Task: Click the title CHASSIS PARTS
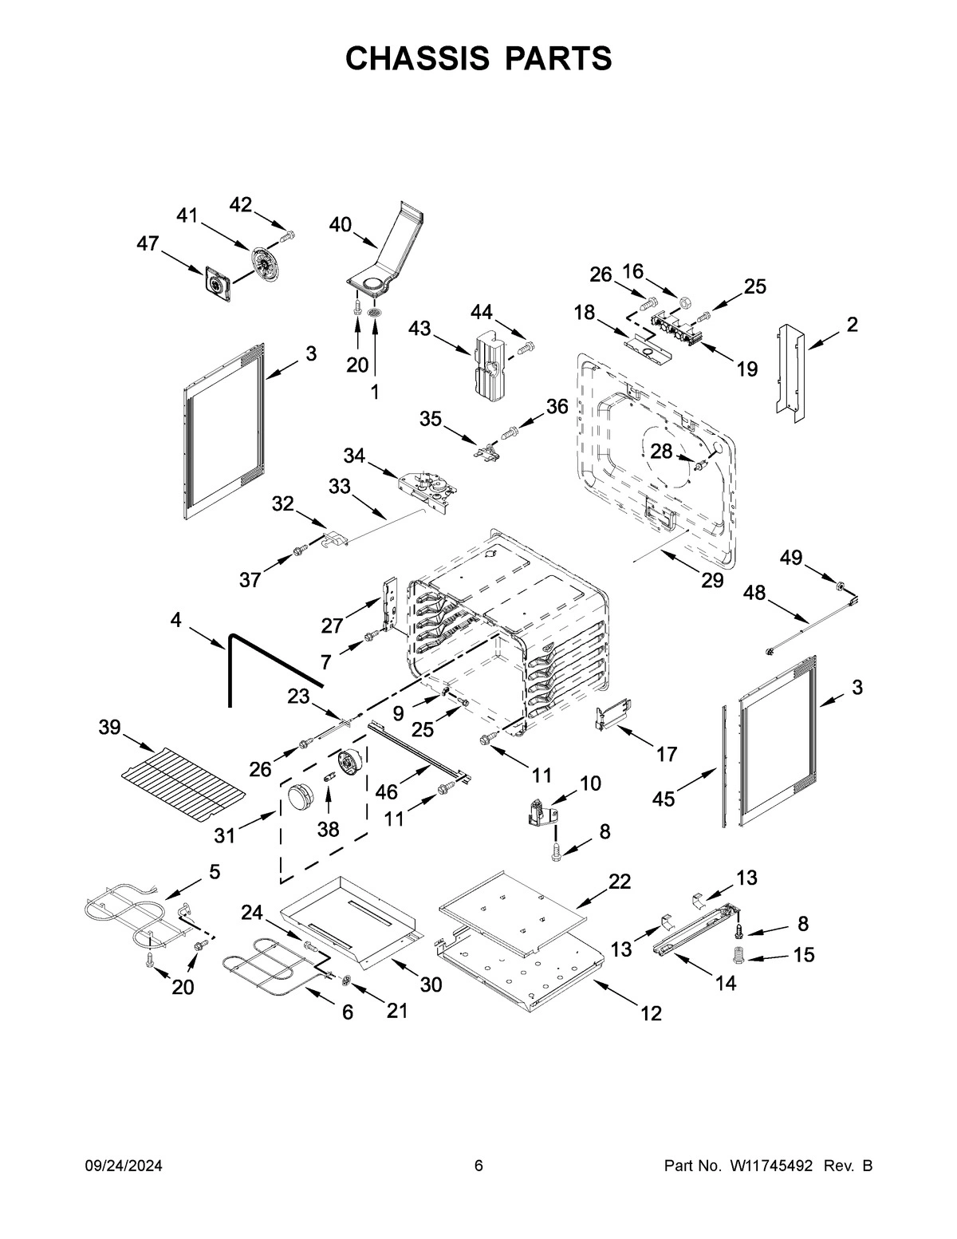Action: [478, 59]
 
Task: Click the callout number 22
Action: [620, 881]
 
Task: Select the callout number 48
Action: [755, 592]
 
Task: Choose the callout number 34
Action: [355, 455]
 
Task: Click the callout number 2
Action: [853, 324]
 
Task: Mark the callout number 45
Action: [664, 798]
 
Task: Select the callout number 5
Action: [215, 871]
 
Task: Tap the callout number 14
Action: [725, 984]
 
